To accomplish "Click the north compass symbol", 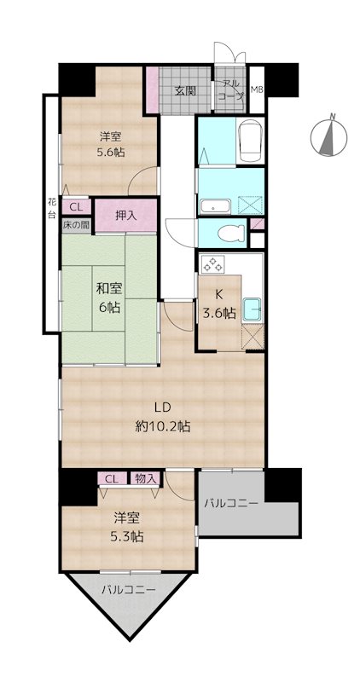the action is (x=328, y=138).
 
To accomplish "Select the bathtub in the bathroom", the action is (x=250, y=140).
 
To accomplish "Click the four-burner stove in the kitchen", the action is (x=212, y=264).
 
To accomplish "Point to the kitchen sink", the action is (x=251, y=309).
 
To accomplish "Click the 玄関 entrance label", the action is (x=185, y=91).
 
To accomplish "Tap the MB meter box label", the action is (x=256, y=90).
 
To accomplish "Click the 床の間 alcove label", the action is (x=76, y=225).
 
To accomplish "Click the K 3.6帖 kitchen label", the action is (x=219, y=303).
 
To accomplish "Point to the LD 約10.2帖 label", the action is (x=162, y=417).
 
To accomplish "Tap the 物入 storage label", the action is (x=145, y=478).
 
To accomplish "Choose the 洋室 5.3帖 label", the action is (x=129, y=527).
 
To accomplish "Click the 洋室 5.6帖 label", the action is (x=112, y=145).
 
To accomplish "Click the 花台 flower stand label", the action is (x=52, y=207).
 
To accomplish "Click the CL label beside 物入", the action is (x=112, y=479).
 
